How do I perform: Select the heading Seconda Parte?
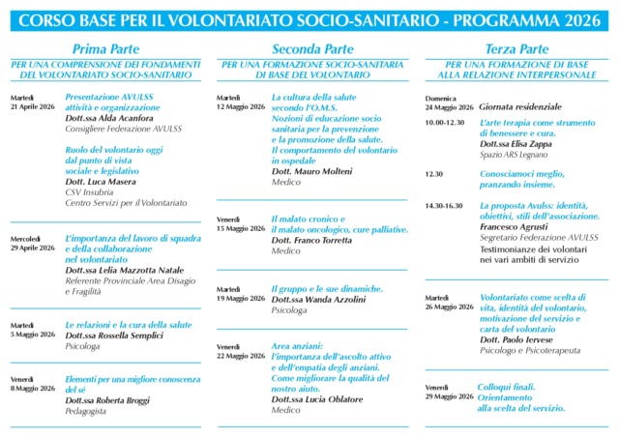[310, 49]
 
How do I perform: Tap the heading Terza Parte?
[516, 49]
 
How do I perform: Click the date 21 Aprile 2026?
[33, 106]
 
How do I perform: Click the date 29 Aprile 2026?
[33, 248]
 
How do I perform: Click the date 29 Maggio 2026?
[449, 396]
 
